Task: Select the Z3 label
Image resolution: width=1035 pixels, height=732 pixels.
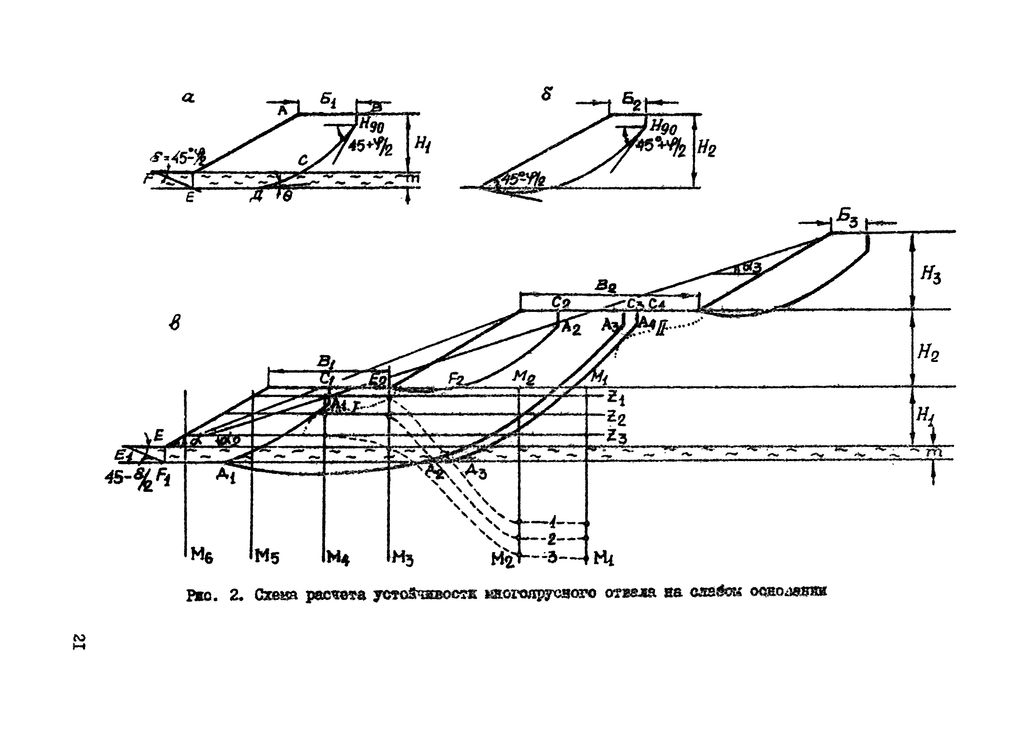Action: (x=616, y=436)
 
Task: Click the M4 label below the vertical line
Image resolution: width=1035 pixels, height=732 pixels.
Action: (x=338, y=558)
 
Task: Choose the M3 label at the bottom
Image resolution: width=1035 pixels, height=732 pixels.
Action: (x=402, y=558)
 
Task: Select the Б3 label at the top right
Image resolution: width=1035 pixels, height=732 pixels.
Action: (x=847, y=220)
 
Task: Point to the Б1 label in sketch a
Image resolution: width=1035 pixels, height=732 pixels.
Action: (x=328, y=100)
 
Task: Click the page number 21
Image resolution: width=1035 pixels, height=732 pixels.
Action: (x=80, y=642)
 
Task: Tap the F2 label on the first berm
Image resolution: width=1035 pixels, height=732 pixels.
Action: (x=456, y=379)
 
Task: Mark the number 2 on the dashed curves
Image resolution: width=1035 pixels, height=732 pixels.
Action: (x=551, y=538)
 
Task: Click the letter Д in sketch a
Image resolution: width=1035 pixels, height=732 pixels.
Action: (x=257, y=197)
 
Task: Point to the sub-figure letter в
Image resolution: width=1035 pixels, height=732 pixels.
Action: (x=175, y=323)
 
